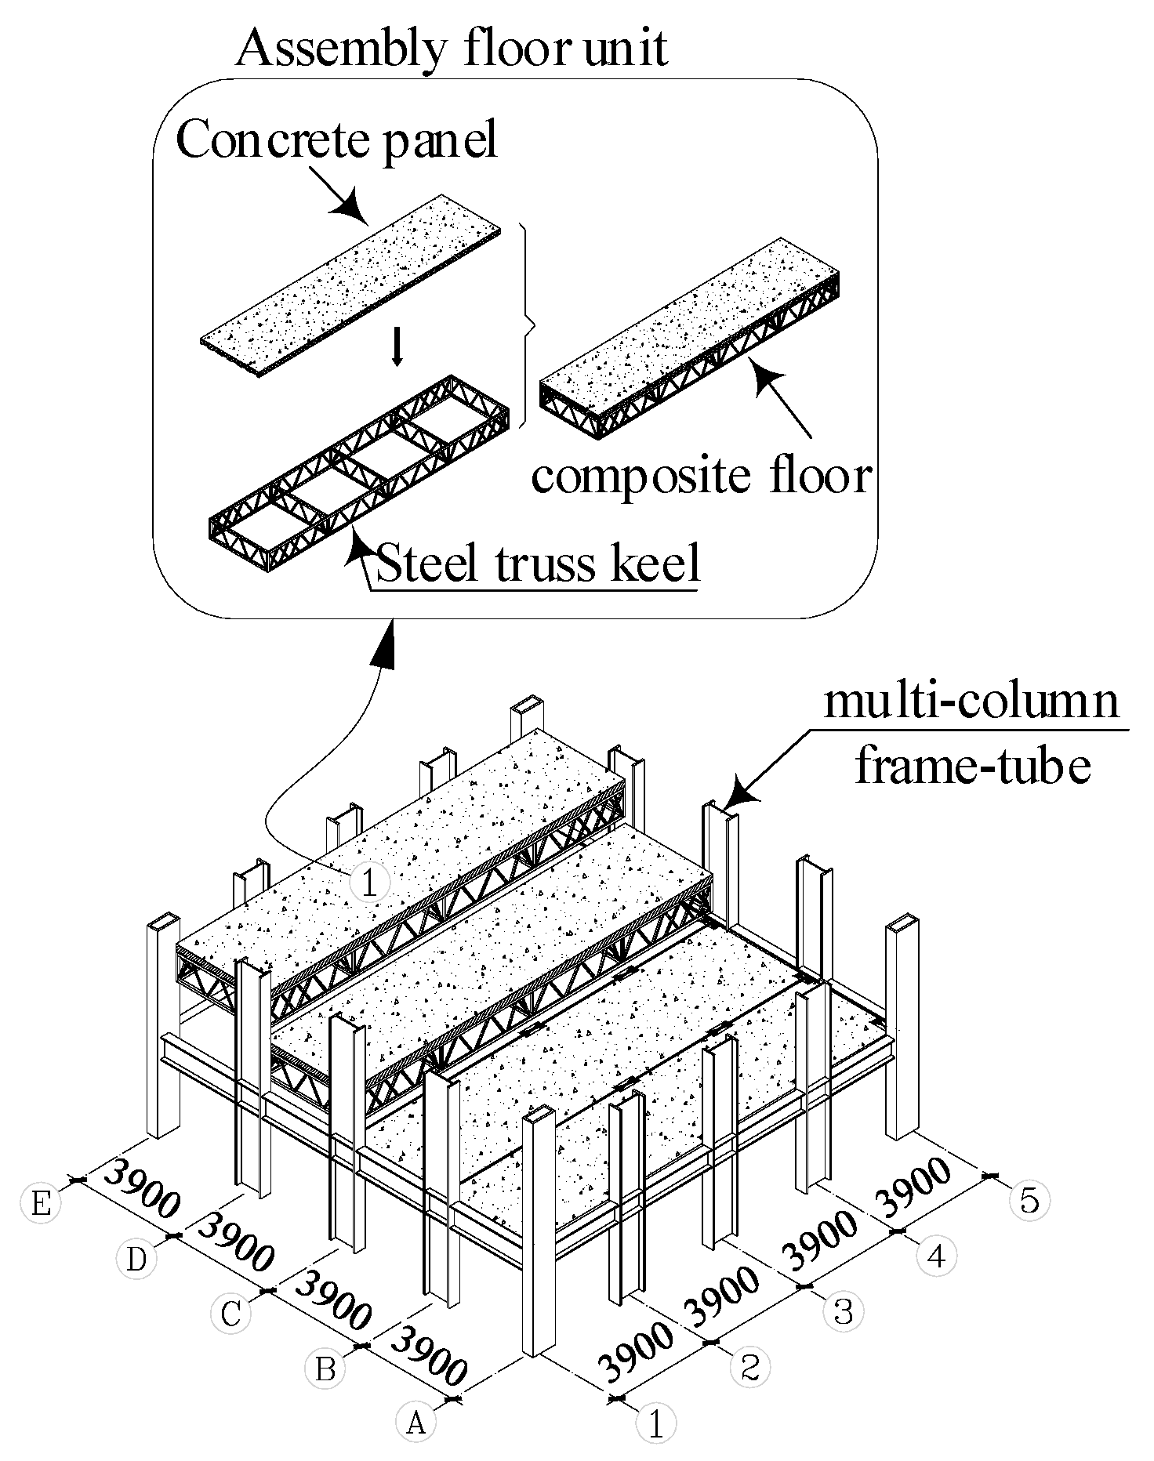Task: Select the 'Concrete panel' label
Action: pyautogui.click(x=337, y=141)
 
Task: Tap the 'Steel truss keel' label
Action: pyautogui.click(x=538, y=563)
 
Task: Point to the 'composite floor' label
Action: pyautogui.click(x=702, y=475)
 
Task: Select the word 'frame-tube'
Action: pyautogui.click(x=972, y=765)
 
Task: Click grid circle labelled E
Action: pyautogui.click(x=41, y=1202)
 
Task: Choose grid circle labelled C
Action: pyautogui.click(x=230, y=1314)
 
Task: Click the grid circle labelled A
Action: pyautogui.click(x=416, y=1422)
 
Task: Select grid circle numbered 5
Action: pyautogui.click(x=1029, y=1200)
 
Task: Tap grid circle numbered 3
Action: pyautogui.click(x=843, y=1311)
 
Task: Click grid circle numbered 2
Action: pyautogui.click(x=749, y=1367)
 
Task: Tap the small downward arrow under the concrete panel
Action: pyautogui.click(x=397, y=349)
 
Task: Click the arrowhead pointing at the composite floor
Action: pyautogui.click(x=765, y=376)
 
